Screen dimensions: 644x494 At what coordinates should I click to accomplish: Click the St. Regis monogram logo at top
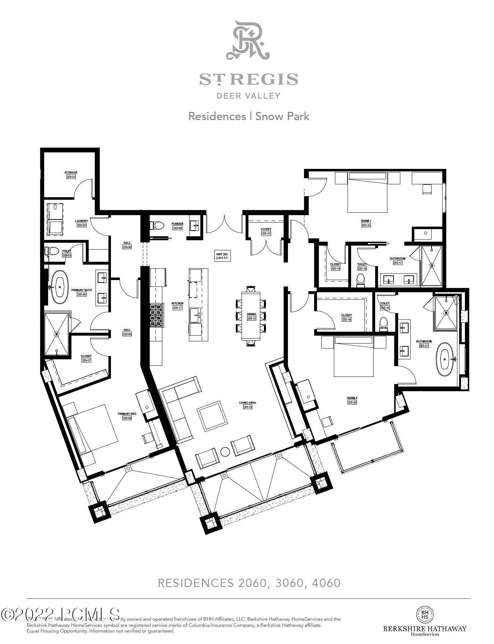248,40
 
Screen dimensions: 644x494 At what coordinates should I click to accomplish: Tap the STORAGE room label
71,173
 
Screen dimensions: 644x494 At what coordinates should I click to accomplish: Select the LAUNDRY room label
81,221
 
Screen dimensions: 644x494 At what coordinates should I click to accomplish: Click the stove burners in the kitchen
157,315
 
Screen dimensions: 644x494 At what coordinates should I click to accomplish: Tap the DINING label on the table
251,314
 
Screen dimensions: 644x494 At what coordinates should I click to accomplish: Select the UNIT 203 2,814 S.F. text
222,256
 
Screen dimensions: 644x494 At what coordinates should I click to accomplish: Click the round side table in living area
225,452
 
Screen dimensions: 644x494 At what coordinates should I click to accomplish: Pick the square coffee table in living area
212,416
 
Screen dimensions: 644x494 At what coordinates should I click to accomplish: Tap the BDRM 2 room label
352,398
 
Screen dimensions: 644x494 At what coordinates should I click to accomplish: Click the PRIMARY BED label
127,414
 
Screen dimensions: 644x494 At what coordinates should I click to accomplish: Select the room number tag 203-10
266,233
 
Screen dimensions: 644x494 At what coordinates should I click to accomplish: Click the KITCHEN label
177,303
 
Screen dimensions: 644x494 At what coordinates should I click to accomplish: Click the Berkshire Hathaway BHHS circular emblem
425,615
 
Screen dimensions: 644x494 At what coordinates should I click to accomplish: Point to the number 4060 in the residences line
326,583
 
